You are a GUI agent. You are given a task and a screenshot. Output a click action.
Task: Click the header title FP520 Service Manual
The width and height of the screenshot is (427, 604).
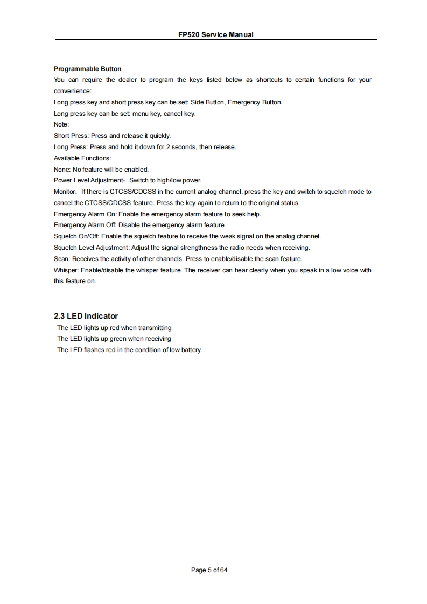(x=215, y=34)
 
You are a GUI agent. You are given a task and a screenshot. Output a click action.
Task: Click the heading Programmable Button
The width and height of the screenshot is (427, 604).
(x=88, y=69)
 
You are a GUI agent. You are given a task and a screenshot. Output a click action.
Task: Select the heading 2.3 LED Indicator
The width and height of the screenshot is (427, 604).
(x=86, y=316)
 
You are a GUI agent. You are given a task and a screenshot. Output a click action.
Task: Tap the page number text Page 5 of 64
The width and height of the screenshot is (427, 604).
(x=209, y=570)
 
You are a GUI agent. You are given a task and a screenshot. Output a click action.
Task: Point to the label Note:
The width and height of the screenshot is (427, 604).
(x=61, y=124)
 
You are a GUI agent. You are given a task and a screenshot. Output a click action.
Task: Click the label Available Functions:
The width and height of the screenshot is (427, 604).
(x=82, y=158)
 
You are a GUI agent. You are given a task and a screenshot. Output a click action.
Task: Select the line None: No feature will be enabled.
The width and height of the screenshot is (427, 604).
(x=97, y=170)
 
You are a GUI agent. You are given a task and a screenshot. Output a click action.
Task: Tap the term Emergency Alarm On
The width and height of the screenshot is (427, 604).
(x=85, y=214)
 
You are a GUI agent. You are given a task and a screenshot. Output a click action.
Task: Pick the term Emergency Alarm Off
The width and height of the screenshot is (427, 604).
(x=85, y=225)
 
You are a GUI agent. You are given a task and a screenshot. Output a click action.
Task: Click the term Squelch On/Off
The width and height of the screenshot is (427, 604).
(x=76, y=236)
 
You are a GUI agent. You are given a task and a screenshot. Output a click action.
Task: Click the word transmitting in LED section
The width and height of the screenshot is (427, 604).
(x=155, y=328)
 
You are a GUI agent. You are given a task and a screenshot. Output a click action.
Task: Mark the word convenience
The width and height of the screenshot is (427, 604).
(x=72, y=91)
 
